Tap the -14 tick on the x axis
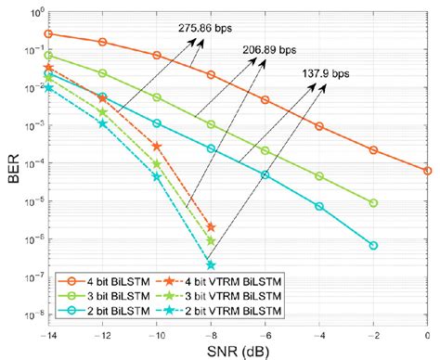point(47,336)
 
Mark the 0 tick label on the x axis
point(428,336)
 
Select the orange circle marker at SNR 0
point(428,171)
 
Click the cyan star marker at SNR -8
point(211,264)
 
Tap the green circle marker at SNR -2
point(373,202)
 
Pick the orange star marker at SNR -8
point(211,227)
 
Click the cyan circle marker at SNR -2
point(373,245)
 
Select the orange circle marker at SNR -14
point(48,33)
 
